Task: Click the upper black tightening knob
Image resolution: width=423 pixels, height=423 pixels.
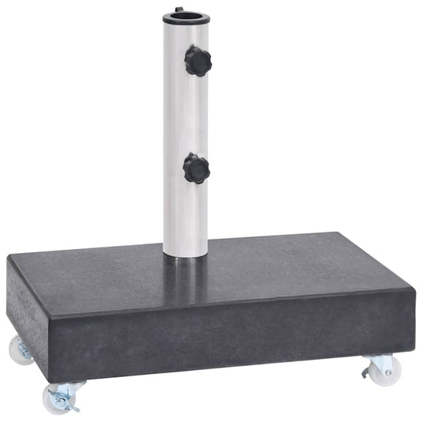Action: [x=197, y=60]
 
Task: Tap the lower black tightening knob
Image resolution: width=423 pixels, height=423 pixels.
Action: [x=196, y=168]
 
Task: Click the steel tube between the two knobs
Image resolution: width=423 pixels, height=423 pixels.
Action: [x=183, y=115]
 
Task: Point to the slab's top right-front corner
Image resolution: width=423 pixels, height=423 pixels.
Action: [x=413, y=293]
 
